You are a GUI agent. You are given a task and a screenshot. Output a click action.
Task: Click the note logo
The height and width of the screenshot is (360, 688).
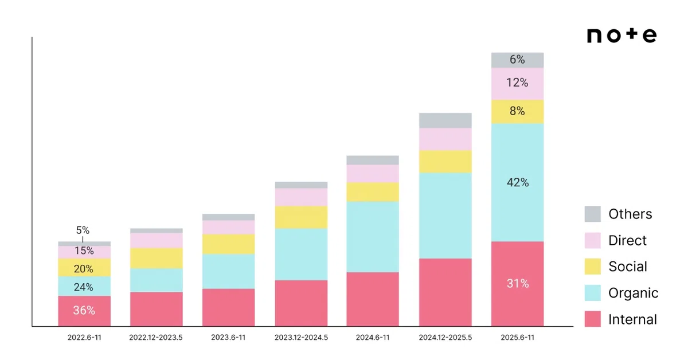point(621,36)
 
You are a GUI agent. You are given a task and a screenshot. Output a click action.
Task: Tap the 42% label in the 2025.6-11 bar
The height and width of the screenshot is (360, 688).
point(518,182)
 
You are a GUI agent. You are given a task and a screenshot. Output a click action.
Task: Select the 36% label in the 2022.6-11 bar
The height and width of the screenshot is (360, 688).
point(84,310)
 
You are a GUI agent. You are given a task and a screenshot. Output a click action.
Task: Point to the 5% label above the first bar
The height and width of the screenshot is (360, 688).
point(83,230)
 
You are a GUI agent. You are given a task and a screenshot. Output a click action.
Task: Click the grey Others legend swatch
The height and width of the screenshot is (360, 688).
point(592,214)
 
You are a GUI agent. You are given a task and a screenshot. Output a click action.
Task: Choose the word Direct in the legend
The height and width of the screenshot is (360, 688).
point(627,240)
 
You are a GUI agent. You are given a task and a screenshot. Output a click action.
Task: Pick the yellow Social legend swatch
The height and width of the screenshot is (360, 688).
point(592,267)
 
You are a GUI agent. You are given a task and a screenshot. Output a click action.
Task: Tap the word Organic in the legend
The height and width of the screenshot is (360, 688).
point(634,293)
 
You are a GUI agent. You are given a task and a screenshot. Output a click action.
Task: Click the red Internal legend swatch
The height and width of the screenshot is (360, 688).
point(592,319)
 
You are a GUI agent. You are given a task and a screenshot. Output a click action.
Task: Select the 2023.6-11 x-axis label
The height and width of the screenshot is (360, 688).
point(228,337)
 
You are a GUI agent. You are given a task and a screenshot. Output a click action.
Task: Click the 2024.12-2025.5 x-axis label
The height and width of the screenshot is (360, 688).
point(445,337)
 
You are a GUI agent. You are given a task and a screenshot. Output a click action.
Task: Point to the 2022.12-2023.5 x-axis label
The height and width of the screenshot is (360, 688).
point(156,337)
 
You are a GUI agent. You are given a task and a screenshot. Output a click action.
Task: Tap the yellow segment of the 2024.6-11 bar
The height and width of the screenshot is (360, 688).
point(373,192)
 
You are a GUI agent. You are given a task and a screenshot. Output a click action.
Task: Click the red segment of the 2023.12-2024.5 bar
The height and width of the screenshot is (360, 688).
point(301,303)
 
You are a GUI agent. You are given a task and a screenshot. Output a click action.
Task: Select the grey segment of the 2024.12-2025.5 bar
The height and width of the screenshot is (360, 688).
point(445,120)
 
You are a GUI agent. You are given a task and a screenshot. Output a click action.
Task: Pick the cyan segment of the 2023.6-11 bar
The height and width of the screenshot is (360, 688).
point(229,271)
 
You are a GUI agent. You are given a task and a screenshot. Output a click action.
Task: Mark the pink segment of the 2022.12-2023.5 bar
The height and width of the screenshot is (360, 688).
point(157,241)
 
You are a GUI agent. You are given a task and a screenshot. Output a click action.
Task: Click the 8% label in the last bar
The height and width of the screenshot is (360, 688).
point(517,111)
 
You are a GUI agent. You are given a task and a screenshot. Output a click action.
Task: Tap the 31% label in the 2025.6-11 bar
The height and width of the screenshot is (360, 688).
point(518,283)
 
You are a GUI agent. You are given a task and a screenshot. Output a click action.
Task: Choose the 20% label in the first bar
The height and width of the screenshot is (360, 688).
point(84,269)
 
